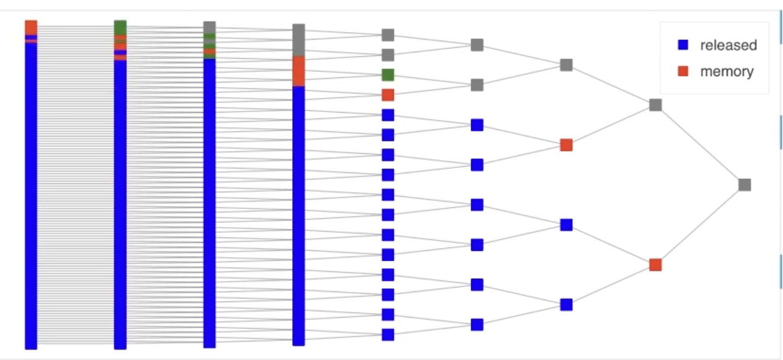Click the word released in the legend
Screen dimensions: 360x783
pyautogui.click(x=728, y=45)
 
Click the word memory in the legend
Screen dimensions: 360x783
pyautogui.click(x=727, y=72)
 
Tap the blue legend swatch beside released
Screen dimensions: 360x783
pyautogui.click(x=683, y=45)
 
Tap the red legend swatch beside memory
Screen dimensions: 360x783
pyautogui.click(x=683, y=72)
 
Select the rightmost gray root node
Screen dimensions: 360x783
pyautogui.click(x=745, y=185)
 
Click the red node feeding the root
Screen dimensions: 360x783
pyautogui.click(x=655, y=265)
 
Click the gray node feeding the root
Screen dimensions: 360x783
pyautogui.click(x=655, y=105)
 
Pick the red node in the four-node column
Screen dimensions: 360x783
pyautogui.click(x=566, y=145)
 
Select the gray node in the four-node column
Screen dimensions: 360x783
pyautogui.click(x=566, y=65)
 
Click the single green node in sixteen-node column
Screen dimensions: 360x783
pyautogui.click(x=388, y=75)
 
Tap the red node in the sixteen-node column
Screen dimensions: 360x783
pyautogui.click(x=388, y=95)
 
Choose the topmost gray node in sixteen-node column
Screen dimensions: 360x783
pyautogui.click(x=388, y=35)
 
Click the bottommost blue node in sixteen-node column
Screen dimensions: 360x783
pyautogui.click(x=388, y=334)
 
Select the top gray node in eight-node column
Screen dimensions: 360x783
pyautogui.click(x=477, y=45)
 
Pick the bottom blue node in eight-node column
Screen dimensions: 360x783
pyautogui.click(x=477, y=325)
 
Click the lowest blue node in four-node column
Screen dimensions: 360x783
pyautogui.click(x=566, y=305)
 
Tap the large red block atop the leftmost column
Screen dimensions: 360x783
pyautogui.click(x=31, y=27)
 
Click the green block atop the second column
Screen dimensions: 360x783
pyautogui.click(x=120, y=27)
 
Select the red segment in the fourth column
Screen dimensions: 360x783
pyautogui.click(x=299, y=71)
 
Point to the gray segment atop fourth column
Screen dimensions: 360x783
pyautogui.click(x=299, y=39)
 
